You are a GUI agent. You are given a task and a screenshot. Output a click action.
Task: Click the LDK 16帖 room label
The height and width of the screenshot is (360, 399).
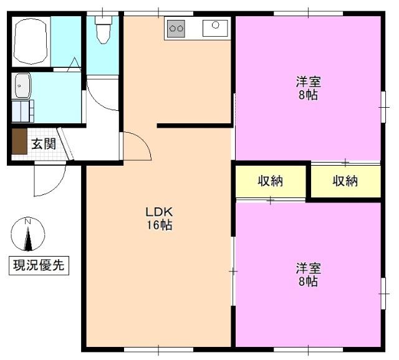click(x=158, y=219)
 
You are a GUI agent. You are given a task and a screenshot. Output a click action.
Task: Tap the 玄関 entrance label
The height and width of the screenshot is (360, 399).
click(x=44, y=144)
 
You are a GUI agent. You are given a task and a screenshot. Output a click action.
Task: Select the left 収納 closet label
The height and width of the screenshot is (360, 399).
click(x=271, y=181)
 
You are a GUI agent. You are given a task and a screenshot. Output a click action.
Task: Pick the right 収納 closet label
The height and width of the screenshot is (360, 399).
click(x=345, y=181)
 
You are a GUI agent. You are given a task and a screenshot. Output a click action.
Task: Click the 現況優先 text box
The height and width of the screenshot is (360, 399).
click(x=39, y=265)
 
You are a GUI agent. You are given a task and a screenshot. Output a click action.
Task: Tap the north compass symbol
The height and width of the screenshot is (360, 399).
click(x=28, y=236)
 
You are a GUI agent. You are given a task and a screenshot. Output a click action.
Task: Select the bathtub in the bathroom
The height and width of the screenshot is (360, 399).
click(x=31, y=41)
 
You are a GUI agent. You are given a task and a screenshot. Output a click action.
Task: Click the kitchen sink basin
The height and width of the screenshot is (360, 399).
click(x=216, y=26)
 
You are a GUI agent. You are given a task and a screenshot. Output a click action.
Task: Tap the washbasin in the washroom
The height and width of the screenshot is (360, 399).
click(x=22, y=85)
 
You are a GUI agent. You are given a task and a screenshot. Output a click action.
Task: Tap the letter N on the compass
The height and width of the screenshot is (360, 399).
click(x=27, y=222)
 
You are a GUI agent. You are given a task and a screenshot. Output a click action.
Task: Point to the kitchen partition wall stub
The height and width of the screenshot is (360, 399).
click(x=193, y=126)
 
